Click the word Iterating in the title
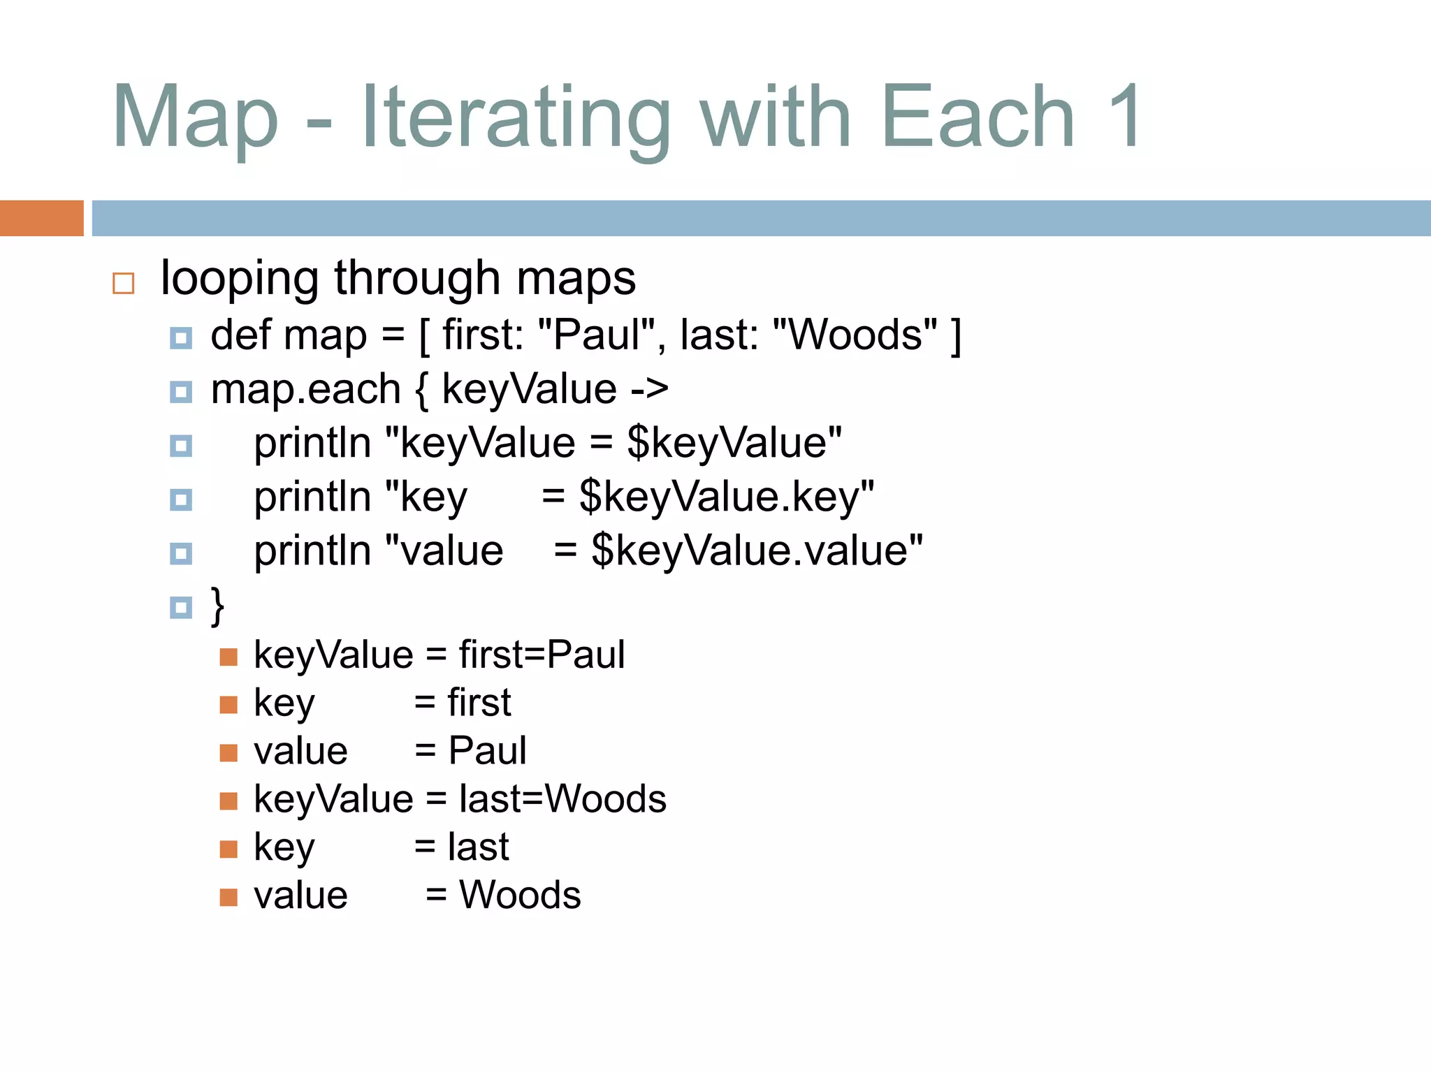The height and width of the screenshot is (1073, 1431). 516,117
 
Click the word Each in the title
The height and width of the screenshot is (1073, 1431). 978,117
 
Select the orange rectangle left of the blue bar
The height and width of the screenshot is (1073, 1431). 41,218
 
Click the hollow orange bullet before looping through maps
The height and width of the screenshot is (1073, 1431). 124,283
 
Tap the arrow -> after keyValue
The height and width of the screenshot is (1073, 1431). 649,390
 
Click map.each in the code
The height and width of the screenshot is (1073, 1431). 305,390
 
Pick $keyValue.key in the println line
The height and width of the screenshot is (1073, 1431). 727,497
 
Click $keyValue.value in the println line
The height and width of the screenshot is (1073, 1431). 757,551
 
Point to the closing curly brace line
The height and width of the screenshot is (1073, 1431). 217,606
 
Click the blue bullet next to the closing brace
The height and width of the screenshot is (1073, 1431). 181,607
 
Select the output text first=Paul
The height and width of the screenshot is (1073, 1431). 542,655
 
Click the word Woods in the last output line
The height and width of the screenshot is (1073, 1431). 520,896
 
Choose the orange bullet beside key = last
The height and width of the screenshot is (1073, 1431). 228,849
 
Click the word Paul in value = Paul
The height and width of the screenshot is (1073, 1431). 487,752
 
